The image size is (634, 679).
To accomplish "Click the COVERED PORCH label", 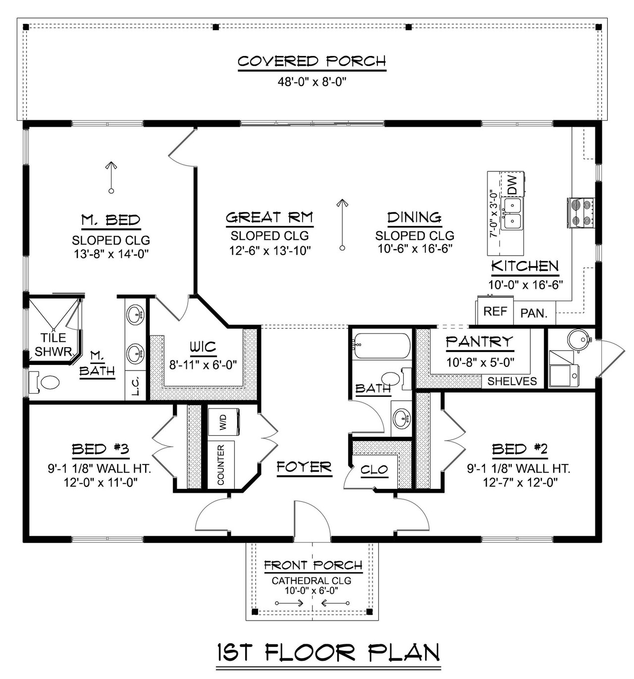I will tap(312, 61).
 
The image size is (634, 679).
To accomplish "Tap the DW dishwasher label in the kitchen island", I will tap(512, 185).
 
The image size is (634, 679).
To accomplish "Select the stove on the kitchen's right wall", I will tap(581, 213).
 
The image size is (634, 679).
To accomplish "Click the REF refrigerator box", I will tap(495, 311).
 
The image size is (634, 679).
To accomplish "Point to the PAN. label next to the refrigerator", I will tap(533, 313).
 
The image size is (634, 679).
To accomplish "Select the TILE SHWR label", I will tap(53, 344).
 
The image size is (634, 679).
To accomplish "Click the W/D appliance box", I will tap(223, 422).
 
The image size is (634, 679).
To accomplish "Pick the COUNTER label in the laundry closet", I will tap(221, 465).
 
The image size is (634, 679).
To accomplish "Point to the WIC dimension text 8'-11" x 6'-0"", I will tap(203, 365).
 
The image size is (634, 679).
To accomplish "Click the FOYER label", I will tap(304, 467).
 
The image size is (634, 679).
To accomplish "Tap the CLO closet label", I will tap(374, 470).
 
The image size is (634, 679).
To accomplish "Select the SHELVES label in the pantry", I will tap(512, 381).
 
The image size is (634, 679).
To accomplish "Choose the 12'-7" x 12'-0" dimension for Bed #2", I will tap(520, 482).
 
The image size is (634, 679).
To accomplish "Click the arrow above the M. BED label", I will tap(111, 177).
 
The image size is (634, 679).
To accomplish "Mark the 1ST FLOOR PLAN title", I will tap(328, 653).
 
